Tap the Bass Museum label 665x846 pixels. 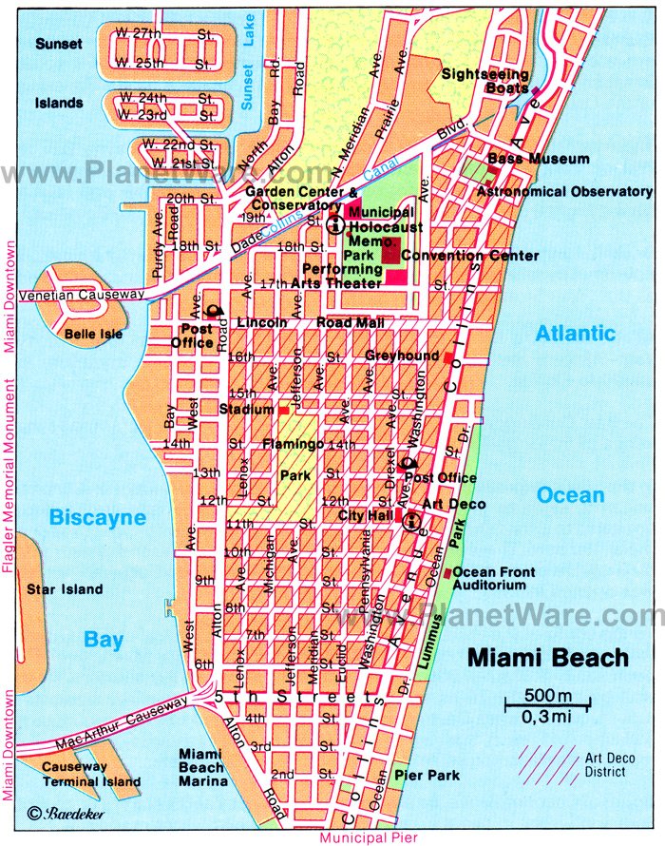click(x=539, y=159)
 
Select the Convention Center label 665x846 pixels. click(x=469, y=255)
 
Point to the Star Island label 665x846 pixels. click(x=65, y=589)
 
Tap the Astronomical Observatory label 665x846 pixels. click(x=564, y=191)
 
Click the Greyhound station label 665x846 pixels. click(x=403, y=356)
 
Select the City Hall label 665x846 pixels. click(x=365, y=514)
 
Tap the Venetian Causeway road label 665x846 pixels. click(x=85, y=295)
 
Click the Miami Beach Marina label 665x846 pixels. click(x=203, y=767)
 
